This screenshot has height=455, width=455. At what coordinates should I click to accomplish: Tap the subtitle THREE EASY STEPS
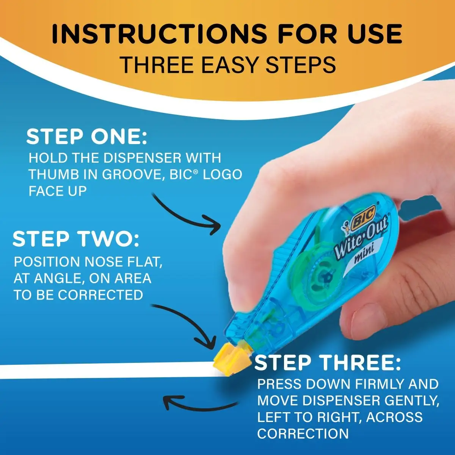pyautogui.click(x=227, y=64)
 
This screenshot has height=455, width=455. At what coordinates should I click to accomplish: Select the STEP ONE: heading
pyautogui.click(x=86, y=137)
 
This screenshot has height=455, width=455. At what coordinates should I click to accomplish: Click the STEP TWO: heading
pyautogui.click(x=76, y=239)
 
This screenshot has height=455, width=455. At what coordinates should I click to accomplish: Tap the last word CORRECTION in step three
pyautogui.click(x=303, y=433)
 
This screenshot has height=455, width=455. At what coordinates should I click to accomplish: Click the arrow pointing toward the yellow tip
pyautogui.click(x=186, y=322)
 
